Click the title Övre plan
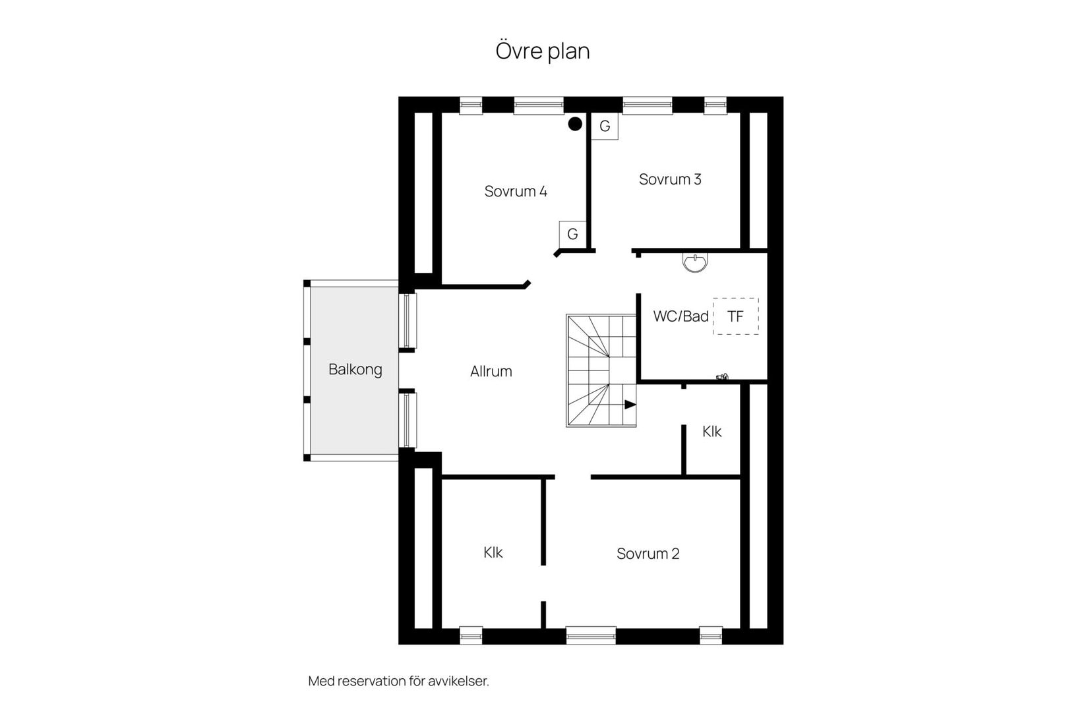pyautogui.click(x=542, y=51)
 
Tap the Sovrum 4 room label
pyautogui.click(x=516, y=191)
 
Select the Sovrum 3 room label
pyautogui.click(x=670, y=179)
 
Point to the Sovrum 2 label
pyautogui.click(x=648, y=554)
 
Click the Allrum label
pyautogui.click(x=491, y=371)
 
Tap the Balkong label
pyautogui.click(x=355, y=369)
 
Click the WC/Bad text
pyautogui.click(x=680, y=316)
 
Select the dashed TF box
pyautogui.click(x=735, y=316)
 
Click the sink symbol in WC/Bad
pyautogui.click(x=695, y=262)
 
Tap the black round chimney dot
pyautogui.click(x=575, y=124)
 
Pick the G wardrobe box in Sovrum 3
pyautogui.click(x=604, y=126)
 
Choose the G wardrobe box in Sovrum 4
pyautogui.click(x=572, y=234)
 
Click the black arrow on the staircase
pyautogui.click(x=630, y=404)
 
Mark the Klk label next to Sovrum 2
pyautogui.click(x=493, y=552)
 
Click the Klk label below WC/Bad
pyautogui.click(x=711, y=432)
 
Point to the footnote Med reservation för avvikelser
pyautogui.click(x=398, y=681)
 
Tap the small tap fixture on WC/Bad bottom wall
pyautogui.click(x=722, y=378)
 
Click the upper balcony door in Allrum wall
pyautogui.click(x=409, y=320)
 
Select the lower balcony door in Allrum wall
pyautogui.click(x=409, y=420)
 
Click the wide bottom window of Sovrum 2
pyautogui.click(x=591, y=635)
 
